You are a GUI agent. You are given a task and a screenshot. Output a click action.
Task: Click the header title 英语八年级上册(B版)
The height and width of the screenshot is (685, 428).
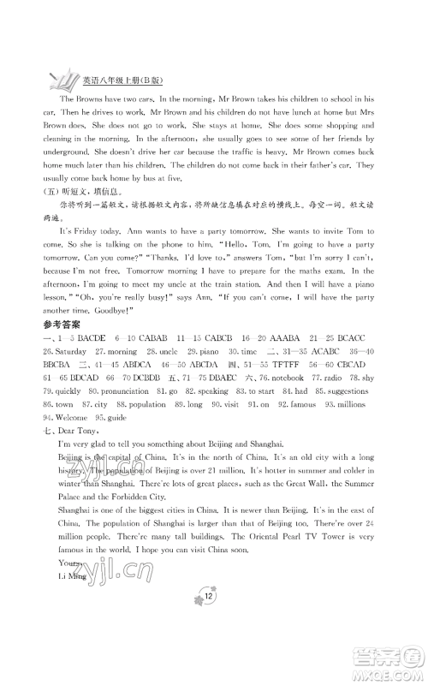(116, 82)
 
